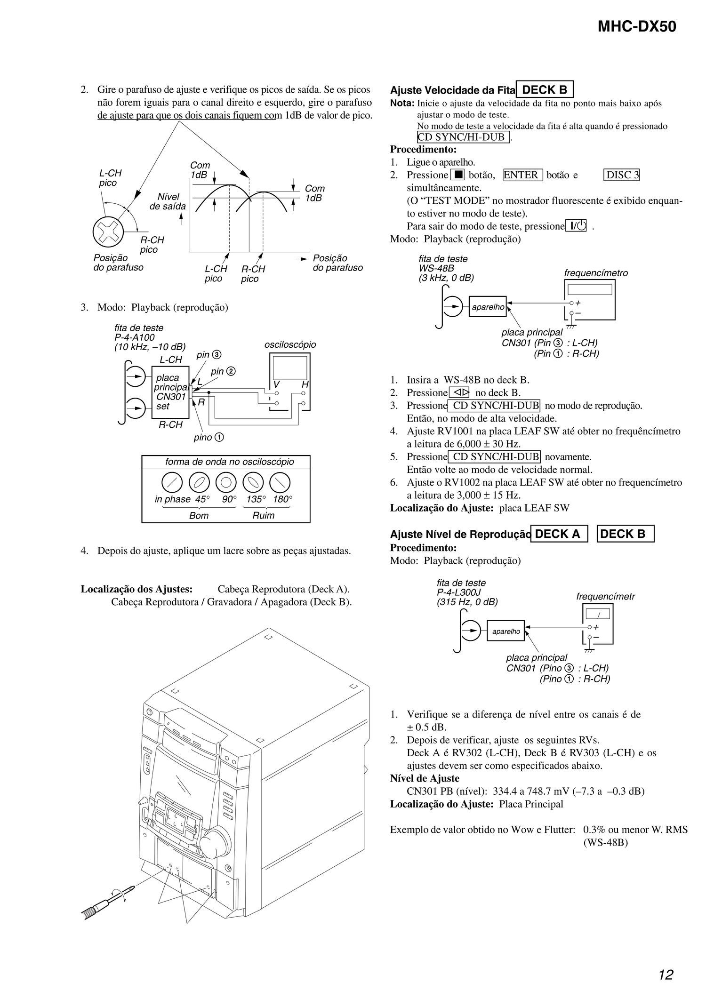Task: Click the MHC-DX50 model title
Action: click(x=637, y=27)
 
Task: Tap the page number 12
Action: click(x=666, y=975)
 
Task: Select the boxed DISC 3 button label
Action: click(x=621, y=175)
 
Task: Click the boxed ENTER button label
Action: click(x=523, y=175)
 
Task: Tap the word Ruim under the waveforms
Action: click(x=263, y=515)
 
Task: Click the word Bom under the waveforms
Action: click(x=199, y=515)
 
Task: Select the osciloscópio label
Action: click(x=290, y=344)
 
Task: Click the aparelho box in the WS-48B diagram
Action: click(x=488, y=307)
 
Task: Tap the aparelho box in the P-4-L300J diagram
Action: click(x=506, y=631)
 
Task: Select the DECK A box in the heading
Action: click(x=559, y=534)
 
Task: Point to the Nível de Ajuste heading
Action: click(x=425, y=778)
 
